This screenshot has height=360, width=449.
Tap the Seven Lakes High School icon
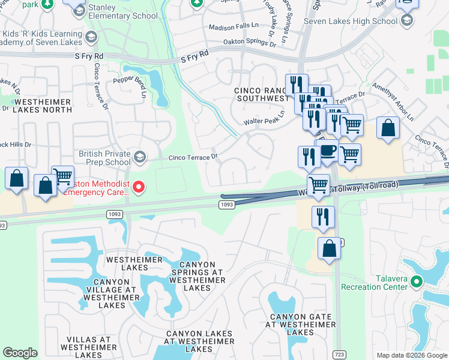(x=408, y=21)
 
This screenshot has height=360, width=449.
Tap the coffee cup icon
(x=328, y=151)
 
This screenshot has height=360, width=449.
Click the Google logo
(x=20, y=353)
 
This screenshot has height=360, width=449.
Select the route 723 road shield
(x=339, y=355)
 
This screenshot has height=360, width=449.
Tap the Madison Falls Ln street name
(x=234, y=28)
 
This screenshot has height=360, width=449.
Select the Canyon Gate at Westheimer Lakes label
(x=298, y=325)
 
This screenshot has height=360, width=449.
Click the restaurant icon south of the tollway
(x=323, y=217)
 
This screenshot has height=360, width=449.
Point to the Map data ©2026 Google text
(x=411, y=355)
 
